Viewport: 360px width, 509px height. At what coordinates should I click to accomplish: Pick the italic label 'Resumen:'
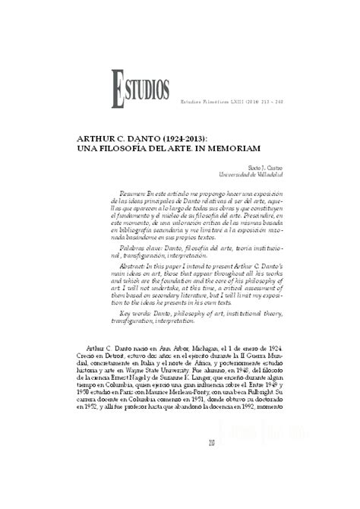pos(134,194)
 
